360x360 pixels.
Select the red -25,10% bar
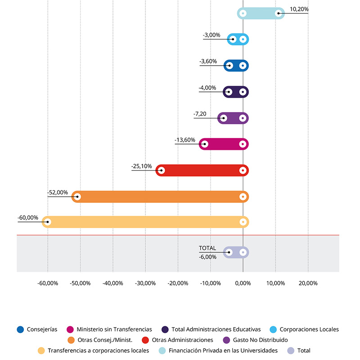pos(202,171)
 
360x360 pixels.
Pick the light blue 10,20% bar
pos(261,13)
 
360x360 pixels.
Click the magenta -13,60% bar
pos(224,144)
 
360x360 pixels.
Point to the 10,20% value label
pos(299,9)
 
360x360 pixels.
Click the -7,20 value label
pos(200,114)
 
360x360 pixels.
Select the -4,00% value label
pos(207,88)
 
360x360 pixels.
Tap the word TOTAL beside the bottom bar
pos(207,248)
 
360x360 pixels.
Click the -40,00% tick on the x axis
pos(112,283)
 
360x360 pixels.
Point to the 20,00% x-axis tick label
pos(308,283)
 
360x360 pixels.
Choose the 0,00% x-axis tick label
pos(243,283)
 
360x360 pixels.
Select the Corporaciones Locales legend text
pos(310,329)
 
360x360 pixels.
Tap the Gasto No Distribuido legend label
pos(261,340)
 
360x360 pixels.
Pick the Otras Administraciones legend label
pos(183,340)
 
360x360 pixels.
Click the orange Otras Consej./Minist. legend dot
pos(71,340)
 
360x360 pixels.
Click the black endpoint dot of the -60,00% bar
pos(48,222)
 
